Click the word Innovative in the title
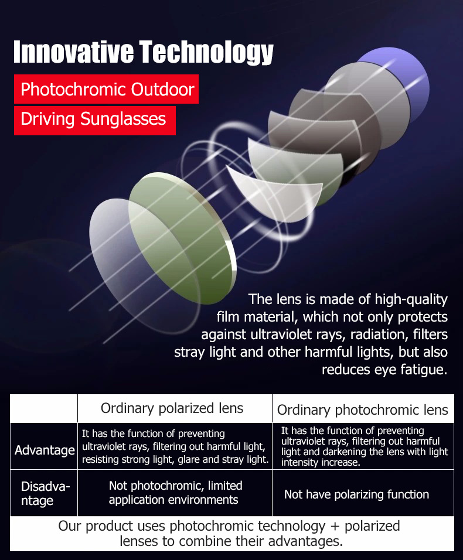tap(74, 52)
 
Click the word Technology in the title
tap(206, 53)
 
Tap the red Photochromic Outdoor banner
tap(106, 89)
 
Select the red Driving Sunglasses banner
tap(95, 120)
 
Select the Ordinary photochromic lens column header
tap(363, 409)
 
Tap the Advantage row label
tap(45, 450)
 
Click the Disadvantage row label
tap(45, 493)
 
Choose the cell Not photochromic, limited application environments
tap(175, 493)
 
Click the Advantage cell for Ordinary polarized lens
tap(175, 446)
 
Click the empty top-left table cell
tap(44, 408)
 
